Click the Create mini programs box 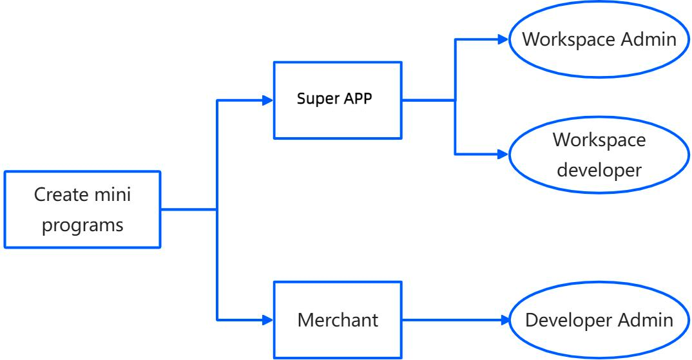[82, 209]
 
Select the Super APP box [338, 100]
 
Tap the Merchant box [338, 319]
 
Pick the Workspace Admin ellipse [599, 40]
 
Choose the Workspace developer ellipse [599, 155]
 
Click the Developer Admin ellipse [599, 320]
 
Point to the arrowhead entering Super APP [267, 100]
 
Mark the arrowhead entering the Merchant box [267, 319]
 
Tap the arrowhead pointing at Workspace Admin [503, 39]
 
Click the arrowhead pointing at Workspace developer [503, 155]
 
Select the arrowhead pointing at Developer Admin [503, 320]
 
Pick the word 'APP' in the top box [358, 100]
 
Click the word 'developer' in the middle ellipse [599, 170]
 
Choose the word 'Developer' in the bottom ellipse [565, 320]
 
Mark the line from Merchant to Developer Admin [451, 320]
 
